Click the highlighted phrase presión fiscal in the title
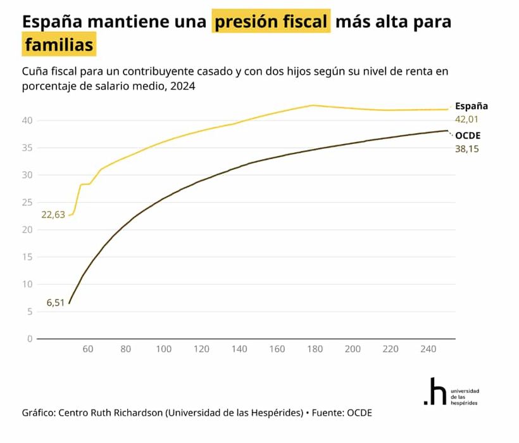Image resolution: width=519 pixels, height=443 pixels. [x=272, y=22]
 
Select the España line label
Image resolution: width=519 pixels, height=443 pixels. [x=471, y=106]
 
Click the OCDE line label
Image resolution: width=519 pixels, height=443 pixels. [x=468, y=135]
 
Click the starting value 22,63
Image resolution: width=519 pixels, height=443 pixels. [x=53, y=215]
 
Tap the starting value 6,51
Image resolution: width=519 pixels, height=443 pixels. [x=56, y=303]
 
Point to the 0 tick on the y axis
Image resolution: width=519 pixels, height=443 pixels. [x=29, y=338]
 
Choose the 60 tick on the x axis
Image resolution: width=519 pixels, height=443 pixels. [x=88, y=349]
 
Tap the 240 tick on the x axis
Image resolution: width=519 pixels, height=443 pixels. [x=428, y=349]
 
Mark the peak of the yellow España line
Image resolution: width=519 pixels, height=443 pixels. [x=312, y=105]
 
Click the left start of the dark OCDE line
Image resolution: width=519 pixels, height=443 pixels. [x=69, y=303]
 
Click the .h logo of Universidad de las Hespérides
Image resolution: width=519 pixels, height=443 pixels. [x=434, y=392]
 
